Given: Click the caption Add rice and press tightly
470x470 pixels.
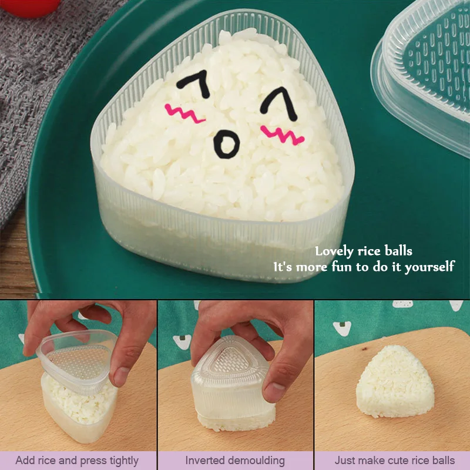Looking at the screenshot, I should [x=77, y=460].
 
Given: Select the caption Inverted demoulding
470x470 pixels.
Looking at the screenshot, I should [x=235, y=460].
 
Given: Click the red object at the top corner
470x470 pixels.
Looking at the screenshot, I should [x=38, y=6].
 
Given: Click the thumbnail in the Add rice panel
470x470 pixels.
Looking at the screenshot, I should [x=78, y=376].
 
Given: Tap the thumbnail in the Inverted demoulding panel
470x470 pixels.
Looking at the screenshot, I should [x=235, y=376].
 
